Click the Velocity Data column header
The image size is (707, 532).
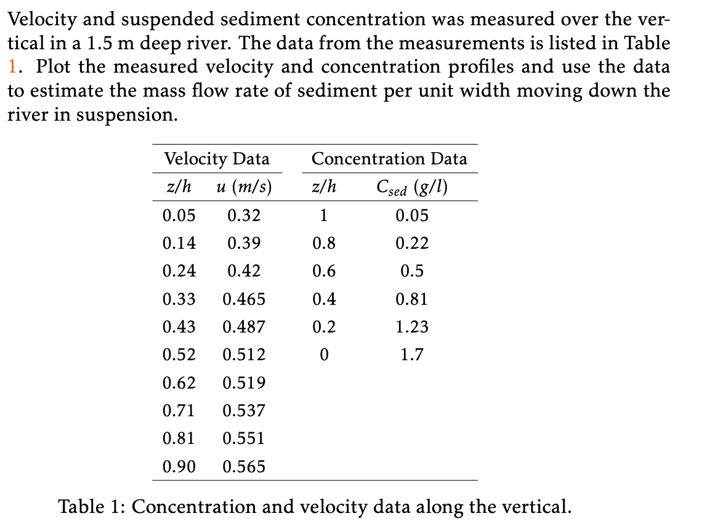click(x=216, y=159)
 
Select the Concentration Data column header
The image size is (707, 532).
click(x=389, y=159)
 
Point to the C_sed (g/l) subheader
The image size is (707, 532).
click(x=411, y=187)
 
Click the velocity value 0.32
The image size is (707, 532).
click(x=243, y=216)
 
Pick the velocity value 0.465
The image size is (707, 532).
click(x=243, y=299)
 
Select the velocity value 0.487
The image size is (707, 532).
click(x=243, y=327)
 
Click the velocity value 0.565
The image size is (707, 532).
click(x=243, y=467)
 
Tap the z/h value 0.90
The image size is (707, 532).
click(x=179, y=467)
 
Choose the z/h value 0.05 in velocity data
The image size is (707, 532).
click(x=179, y=216)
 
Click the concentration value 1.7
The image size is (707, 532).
click(x=411, y=355)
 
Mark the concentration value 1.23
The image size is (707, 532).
click(x=411, y=327)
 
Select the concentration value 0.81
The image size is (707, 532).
click(x=411, y=299)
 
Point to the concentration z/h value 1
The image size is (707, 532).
click(x=324, y=216)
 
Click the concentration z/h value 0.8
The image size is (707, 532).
click(x=324, y=243)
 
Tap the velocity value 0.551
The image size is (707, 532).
click(x=243, y=438)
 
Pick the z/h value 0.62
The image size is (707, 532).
click(x=179, y=383)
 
